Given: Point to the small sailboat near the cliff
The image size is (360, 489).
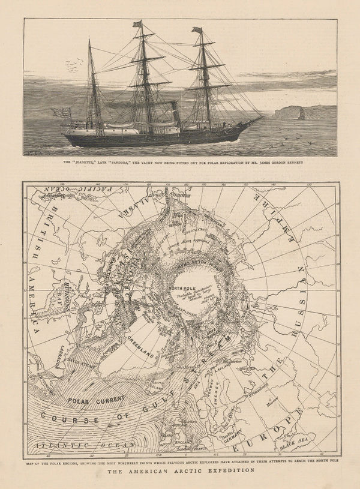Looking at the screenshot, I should click(x=301, y=114).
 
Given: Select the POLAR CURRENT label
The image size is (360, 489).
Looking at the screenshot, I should click(x=96, y=399).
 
